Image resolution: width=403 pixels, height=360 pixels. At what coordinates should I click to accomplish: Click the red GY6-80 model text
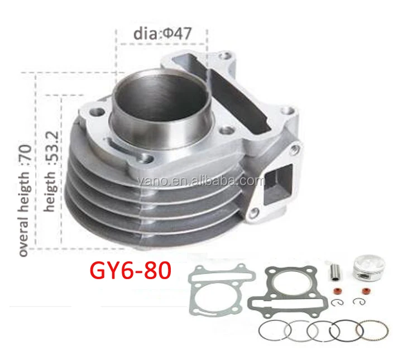131,272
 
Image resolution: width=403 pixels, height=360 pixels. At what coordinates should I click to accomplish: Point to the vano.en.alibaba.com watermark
201,181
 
